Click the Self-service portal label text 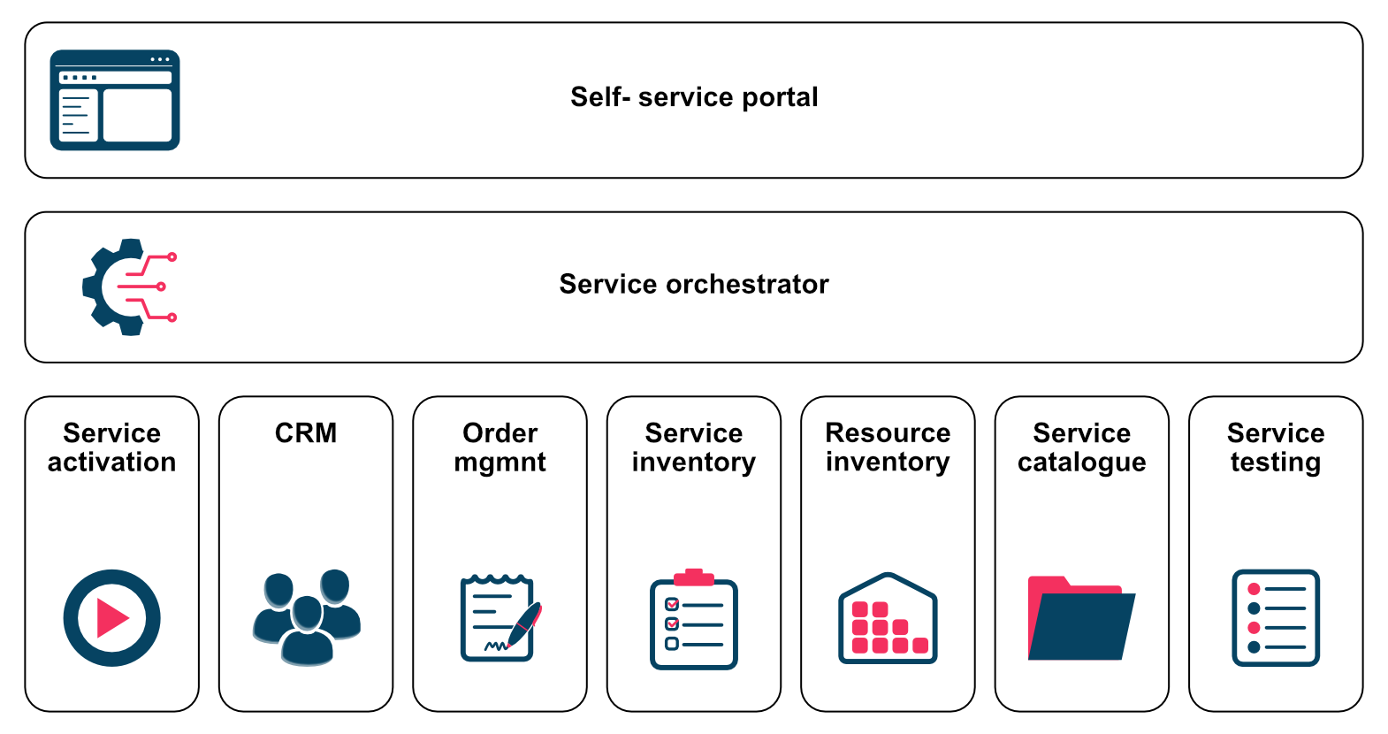694,97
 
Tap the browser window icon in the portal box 115,100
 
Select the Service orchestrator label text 694,285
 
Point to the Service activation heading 112,447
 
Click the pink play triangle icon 112,618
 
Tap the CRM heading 306,432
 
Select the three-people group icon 307,617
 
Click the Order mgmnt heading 500,447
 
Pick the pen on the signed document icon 524,624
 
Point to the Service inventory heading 694,447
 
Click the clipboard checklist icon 694,619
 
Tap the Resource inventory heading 888,447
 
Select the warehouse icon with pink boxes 888,618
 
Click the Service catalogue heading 1082,447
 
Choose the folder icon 1081,618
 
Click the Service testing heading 1276,447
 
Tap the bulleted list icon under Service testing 1276,618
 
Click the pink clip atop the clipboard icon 694,577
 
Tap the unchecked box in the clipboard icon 672,644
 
